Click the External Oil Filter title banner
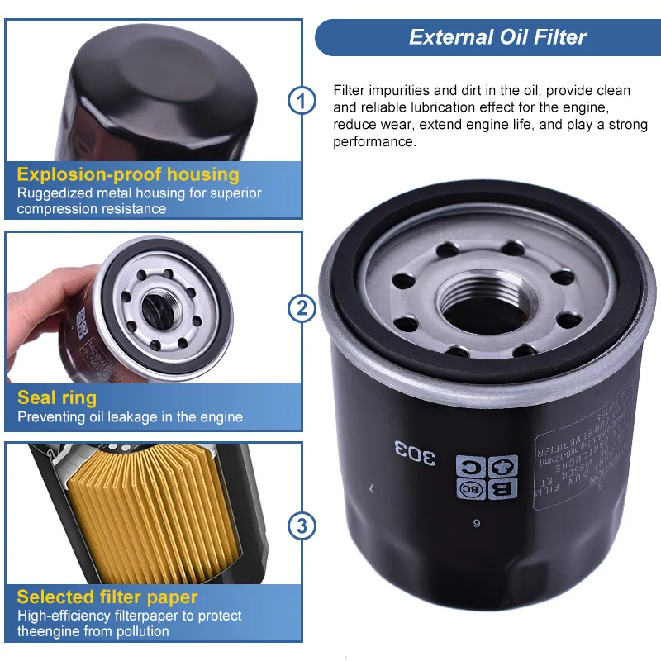pos(487,37)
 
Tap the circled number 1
pos(302,102)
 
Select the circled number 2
pos(302,308)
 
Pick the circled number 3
pos(302,524)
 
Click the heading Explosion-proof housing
pos(128,174)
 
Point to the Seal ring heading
pos(57,397)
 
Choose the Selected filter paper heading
pos(107,597)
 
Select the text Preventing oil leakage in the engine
pos(130,417)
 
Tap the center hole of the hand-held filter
pos(155,308)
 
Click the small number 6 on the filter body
pos(476,523)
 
